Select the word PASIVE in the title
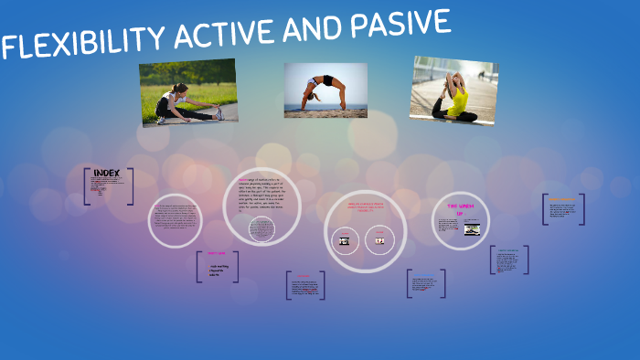pyautogui.click(x=402, y=26)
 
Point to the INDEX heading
pyautogui.click(x=107, y=173)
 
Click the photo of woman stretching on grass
pyautogui.click(x=188, y=93)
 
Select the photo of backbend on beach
pyautogui.click(x=325, y=90)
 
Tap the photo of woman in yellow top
pyautogui.click(x=453, y=90)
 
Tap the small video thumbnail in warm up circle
pyautogui.click(x=472, y=229)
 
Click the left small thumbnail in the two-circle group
pyautogui.click(x=345, y=241)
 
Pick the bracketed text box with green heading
pyautogui.click(x=508, y=260)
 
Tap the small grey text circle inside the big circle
pyautogui.click(x=262, y=228)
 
